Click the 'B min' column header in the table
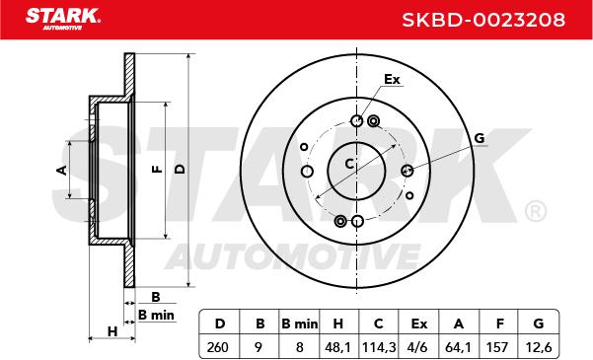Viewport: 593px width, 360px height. point(298,322)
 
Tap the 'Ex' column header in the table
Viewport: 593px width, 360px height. point(418,322)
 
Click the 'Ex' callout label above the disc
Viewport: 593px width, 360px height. point(392,80)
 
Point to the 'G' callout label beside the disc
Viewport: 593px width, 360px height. point(480,138)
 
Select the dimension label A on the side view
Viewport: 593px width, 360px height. point(61,170)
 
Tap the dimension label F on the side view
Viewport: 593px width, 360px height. point(156,170)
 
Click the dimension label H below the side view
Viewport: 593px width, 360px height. point(112,330)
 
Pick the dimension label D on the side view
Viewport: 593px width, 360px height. point(179,170)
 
